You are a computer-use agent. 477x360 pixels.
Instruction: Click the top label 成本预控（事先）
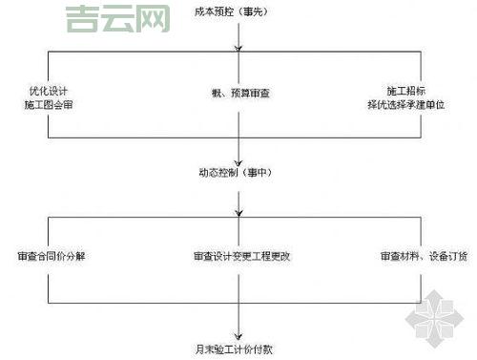point(238,12)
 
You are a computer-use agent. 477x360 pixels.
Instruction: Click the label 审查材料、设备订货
point(424,257)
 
